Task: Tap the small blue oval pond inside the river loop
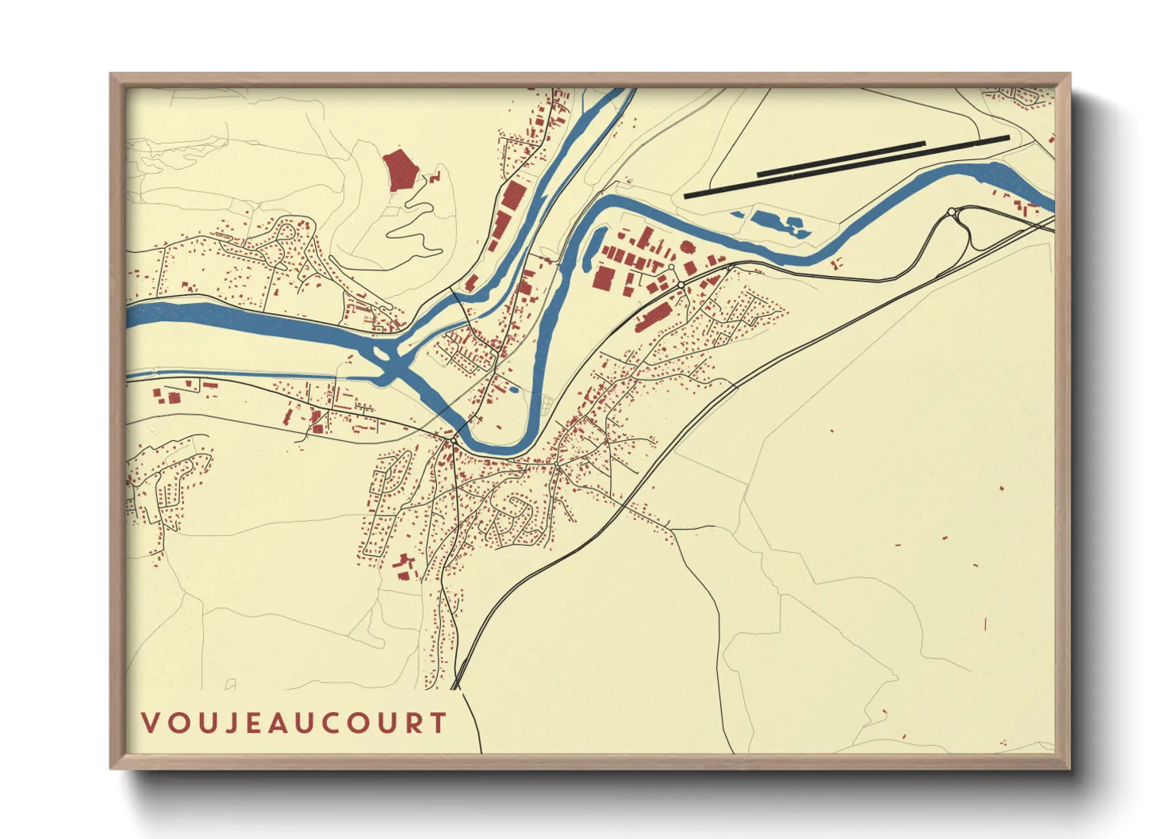513,389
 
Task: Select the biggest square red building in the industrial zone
604,278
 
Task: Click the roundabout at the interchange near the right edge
951,212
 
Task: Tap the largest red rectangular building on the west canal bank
512,195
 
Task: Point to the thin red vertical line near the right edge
985,625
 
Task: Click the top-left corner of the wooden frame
111,75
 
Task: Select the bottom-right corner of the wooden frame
1069,768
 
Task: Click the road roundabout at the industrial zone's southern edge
681,285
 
